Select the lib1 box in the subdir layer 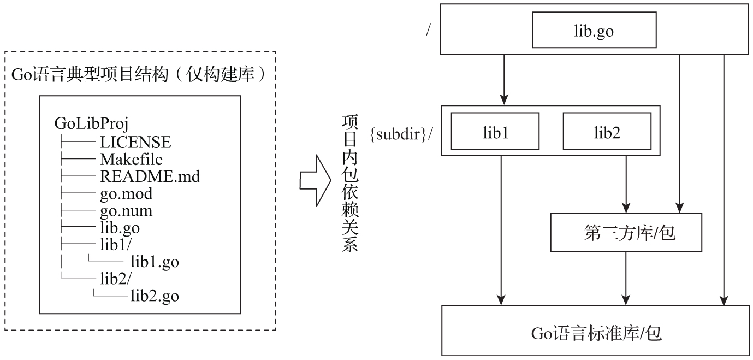coord(495,131)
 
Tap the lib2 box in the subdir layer coord(607,131)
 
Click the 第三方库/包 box coord(625,233)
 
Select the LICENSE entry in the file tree coord(135,143)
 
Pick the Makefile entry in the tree coord(131,160)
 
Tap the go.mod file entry coord(126,194)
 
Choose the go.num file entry coord(126,211)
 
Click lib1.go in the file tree coord(155,262)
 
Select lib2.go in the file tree coord(155,297)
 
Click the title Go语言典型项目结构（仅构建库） coord(140,75)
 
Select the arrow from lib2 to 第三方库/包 coord(626,181)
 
